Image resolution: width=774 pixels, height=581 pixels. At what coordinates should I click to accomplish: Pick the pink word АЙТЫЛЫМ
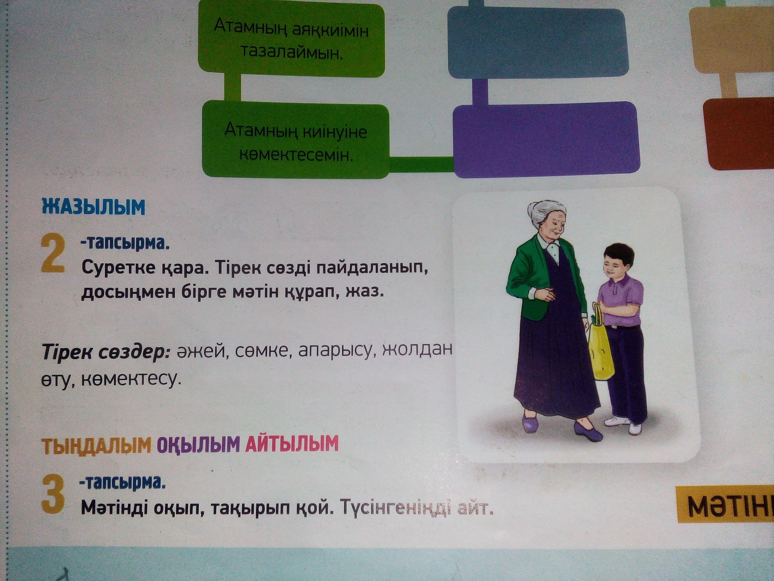[292, 443]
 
